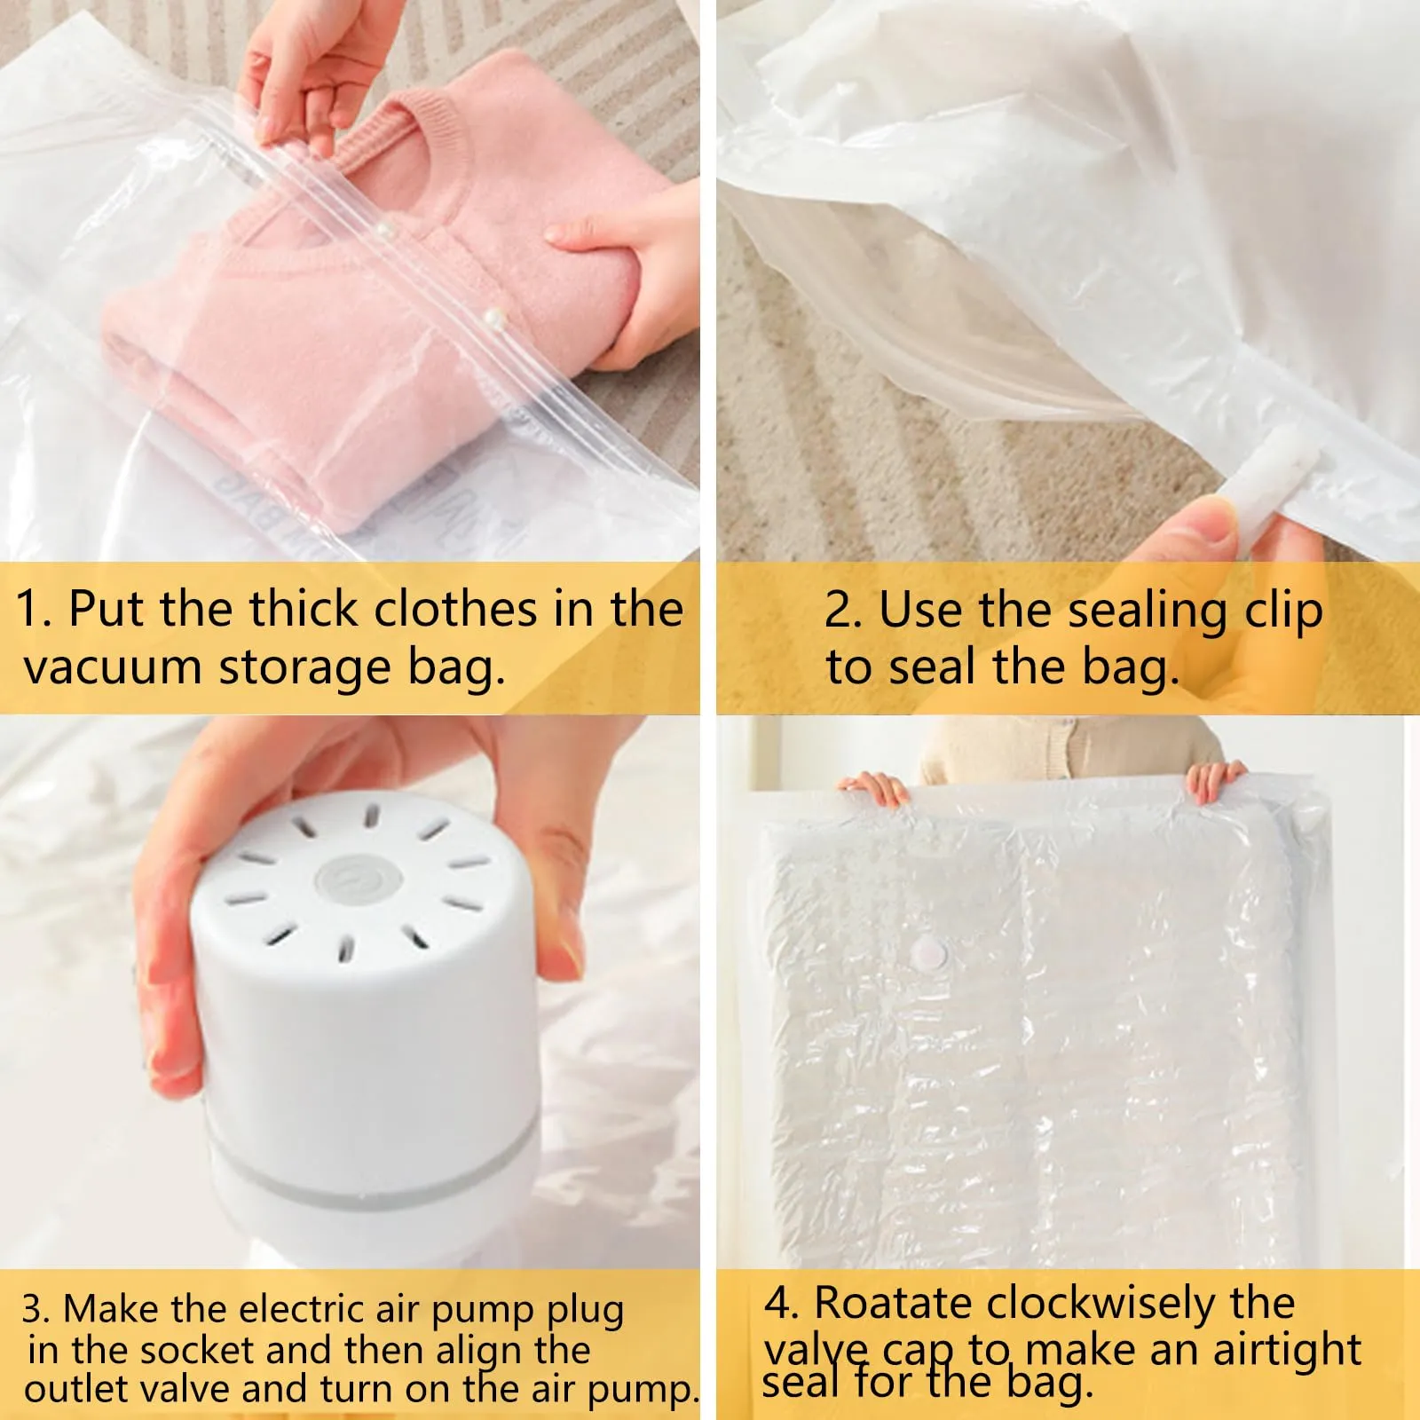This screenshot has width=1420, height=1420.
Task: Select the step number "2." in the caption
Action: [843, 611]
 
